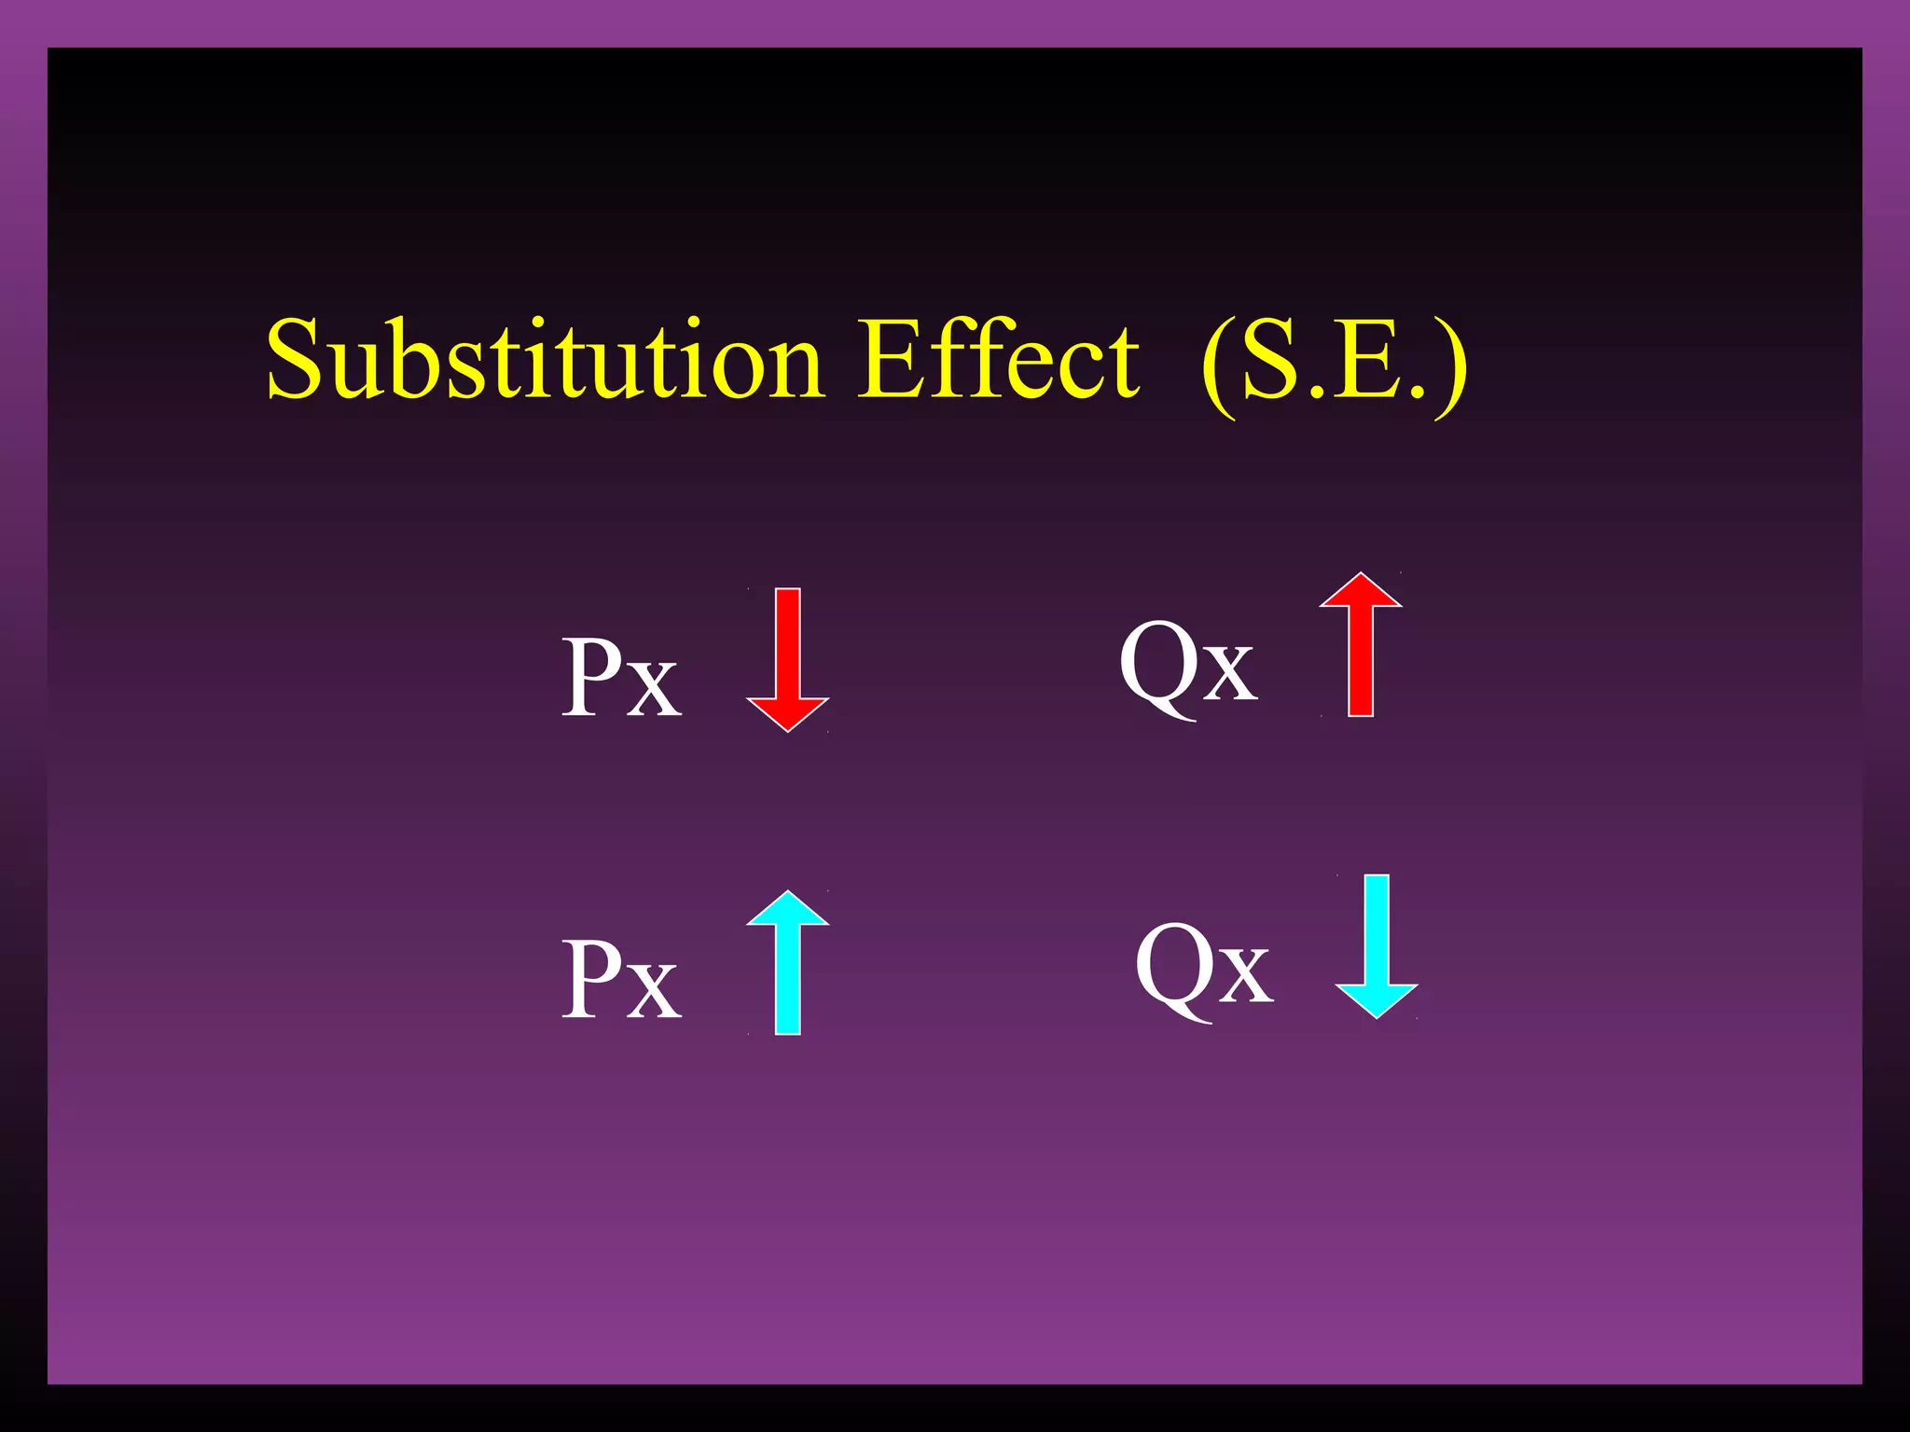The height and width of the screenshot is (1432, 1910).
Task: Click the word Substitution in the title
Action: [545, 360]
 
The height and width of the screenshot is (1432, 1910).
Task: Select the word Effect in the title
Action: [998, 360]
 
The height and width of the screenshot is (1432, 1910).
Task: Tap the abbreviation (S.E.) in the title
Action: [1334, 364]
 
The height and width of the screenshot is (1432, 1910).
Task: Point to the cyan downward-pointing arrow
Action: [1377, 945]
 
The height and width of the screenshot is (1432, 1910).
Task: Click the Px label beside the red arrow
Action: [621, 678]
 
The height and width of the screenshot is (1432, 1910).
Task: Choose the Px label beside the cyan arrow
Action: [621, 980]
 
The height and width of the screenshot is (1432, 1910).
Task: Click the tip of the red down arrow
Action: [788, 730]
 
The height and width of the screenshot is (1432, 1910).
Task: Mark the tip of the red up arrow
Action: [1361, 574]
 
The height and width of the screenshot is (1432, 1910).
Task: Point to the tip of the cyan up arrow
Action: [788, 893]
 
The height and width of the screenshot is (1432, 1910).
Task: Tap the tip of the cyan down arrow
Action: [1377, 1016]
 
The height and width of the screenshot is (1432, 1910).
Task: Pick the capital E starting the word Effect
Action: [889, 360]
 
